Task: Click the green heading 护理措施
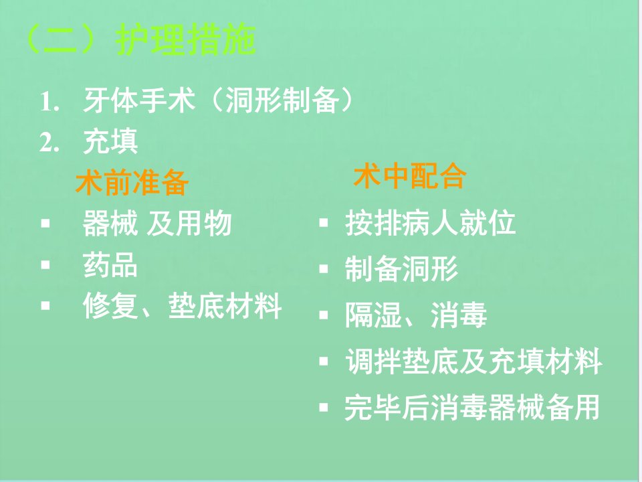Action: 186,39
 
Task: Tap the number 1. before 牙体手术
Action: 49,101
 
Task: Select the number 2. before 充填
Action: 49,142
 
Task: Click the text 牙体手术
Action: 139,100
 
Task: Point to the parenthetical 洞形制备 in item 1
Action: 282,100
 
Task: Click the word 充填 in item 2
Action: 110,141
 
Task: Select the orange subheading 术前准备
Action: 132,182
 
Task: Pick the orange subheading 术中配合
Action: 410,176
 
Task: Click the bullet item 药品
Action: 110,265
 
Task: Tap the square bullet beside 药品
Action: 45,265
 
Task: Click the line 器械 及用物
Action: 157,224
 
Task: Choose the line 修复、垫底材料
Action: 182,306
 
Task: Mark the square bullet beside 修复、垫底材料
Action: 45,306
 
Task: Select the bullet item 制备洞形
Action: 402,269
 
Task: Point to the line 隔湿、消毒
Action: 416,315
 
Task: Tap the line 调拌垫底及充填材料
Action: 473,361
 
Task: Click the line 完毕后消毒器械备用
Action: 473,408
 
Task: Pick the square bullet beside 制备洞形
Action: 324,269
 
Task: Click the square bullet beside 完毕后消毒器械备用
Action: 324,408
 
